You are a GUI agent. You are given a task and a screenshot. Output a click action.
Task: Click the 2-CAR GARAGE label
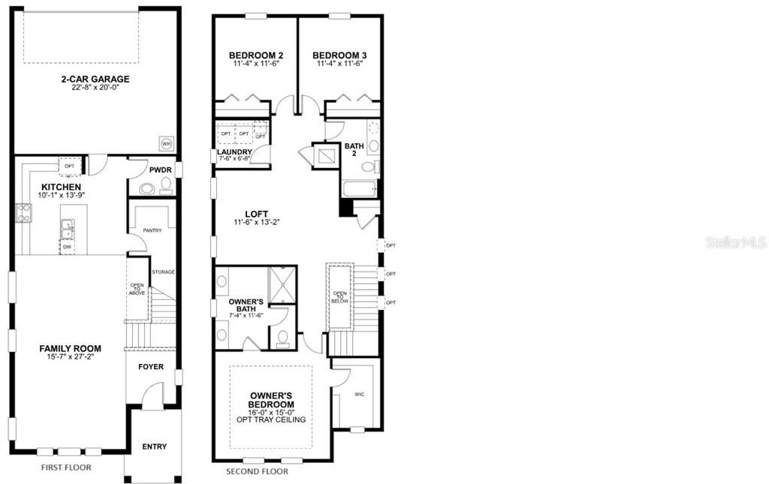point(95,79)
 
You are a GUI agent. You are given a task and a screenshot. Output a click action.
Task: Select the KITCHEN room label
point(62,187)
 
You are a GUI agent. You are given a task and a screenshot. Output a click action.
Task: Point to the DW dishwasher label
point(66,245)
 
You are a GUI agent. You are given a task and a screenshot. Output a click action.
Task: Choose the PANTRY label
point(152,230)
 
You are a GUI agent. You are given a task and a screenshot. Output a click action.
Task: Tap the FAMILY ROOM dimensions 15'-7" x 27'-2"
point(70,356)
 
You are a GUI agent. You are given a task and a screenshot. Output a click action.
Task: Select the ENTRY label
point(154,447)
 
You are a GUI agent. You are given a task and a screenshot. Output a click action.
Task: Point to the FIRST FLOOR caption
point(66,467)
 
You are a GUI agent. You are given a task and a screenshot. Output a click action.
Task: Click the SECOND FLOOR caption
point(257,472)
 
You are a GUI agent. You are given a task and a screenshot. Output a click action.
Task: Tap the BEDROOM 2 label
point(255,56)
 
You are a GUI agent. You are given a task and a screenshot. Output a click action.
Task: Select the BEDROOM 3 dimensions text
point(339,65)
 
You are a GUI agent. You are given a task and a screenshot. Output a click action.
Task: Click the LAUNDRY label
point(234,152)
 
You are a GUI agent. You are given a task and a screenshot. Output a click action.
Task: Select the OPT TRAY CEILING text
point(271,419)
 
